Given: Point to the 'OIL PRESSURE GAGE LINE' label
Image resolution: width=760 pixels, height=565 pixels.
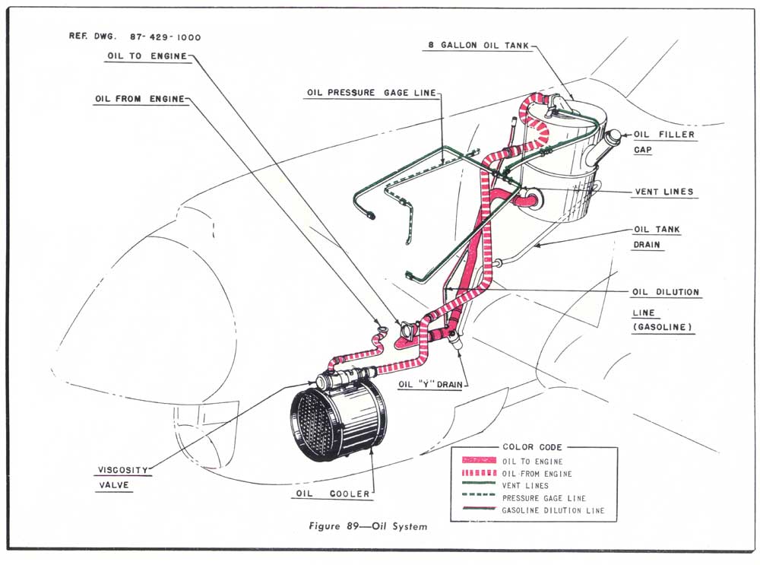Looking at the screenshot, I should click(x=372, y=93).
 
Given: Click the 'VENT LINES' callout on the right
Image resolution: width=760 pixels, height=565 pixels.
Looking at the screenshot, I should click(x=663, y=192).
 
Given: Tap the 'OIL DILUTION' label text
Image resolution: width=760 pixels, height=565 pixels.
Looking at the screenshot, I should click(x=666, y=292).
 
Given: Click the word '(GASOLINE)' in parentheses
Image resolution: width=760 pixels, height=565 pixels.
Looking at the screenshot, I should click(x=662, y=327).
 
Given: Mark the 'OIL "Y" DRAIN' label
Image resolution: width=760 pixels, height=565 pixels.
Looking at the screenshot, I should click(x=430, y=385).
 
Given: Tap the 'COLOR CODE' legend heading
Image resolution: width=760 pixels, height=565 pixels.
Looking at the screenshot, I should click(x=531, y=447).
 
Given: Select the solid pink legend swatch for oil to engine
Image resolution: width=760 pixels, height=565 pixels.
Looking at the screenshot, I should click(x=474, y=461).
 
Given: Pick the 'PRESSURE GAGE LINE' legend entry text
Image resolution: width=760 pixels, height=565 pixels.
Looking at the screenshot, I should click(x=543, y=498).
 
